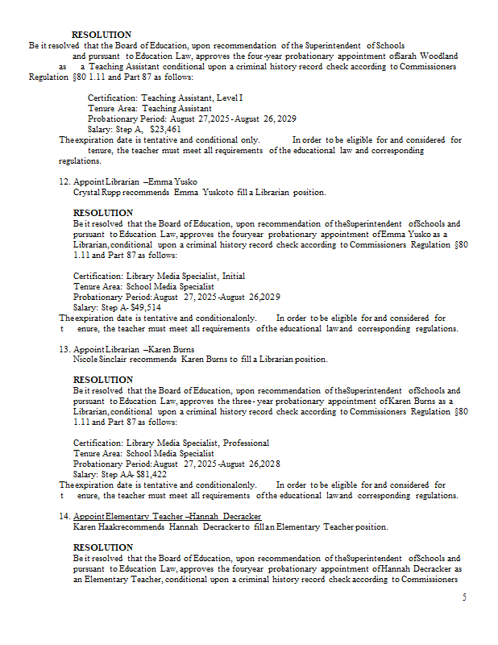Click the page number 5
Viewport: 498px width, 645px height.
pyautogui.click(x=464, y=597)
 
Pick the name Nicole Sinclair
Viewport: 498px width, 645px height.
pyautogui.click(x=101, y=360)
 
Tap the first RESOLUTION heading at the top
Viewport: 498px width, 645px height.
pyautogui.click(x=102, y=35)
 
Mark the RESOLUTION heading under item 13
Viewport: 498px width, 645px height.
pyautogui.click(x=103, y=380)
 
